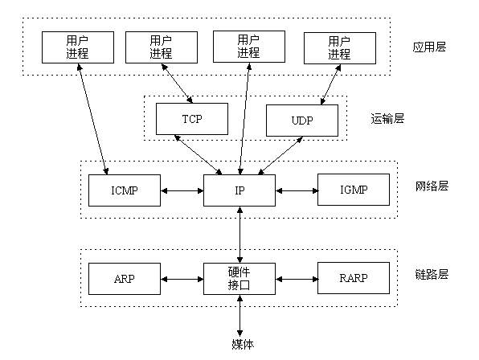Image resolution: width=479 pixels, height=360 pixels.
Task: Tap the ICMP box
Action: tap(125, 190)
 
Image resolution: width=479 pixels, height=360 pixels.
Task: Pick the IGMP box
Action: tap(353, 190)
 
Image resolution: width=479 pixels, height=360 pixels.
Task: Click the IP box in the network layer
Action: tap(239, 190)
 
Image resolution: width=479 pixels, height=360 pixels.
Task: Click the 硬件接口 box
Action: tap(239, 278)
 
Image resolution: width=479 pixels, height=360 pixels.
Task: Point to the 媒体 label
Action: tap(239, 345)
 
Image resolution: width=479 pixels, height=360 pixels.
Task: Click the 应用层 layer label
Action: tap(428, 47)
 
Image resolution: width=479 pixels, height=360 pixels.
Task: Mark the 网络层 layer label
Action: tap(432, 186)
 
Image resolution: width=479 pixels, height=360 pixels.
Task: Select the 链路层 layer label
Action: tap(432, 274)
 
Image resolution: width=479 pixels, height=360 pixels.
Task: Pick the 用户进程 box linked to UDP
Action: tap(338, 47)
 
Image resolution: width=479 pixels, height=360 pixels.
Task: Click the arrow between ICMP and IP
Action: tap(182, 191)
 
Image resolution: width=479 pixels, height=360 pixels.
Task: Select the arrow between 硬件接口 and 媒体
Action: tap(239, 317)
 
